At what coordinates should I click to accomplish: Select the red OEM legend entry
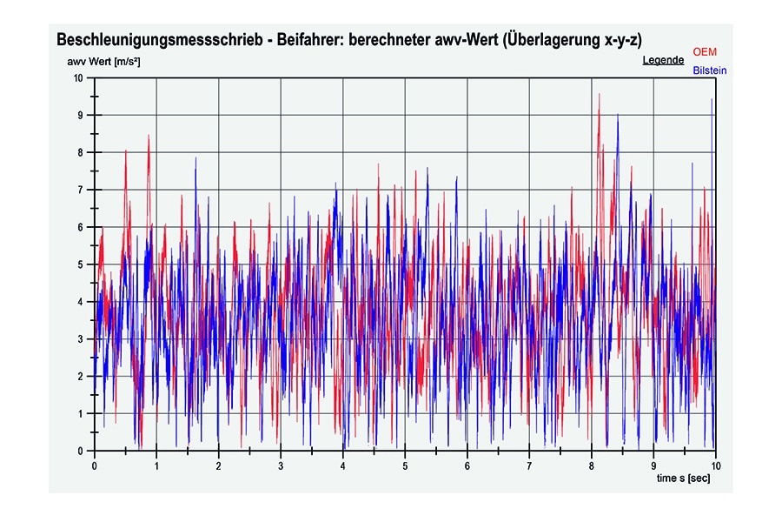tap(705, 52)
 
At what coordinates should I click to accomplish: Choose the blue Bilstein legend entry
tap(709, 70)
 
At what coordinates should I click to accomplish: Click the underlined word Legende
tap(663, 61)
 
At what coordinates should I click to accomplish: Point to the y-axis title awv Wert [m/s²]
tap(103, 62)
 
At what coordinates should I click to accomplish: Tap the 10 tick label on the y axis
tap(78, 78)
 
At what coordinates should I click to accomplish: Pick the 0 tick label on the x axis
tap(95, 465)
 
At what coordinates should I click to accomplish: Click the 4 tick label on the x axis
tap(343, 465)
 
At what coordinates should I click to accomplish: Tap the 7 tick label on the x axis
tap(529, 465)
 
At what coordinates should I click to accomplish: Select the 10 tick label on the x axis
tap(715, 465)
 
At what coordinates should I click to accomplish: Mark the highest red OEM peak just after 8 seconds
tap(599, 95)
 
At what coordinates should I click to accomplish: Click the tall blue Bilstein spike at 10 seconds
tap(712, 100)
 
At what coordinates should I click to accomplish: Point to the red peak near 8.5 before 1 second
tap(149, 136)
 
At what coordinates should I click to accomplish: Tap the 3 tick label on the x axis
tap(281, 465)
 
